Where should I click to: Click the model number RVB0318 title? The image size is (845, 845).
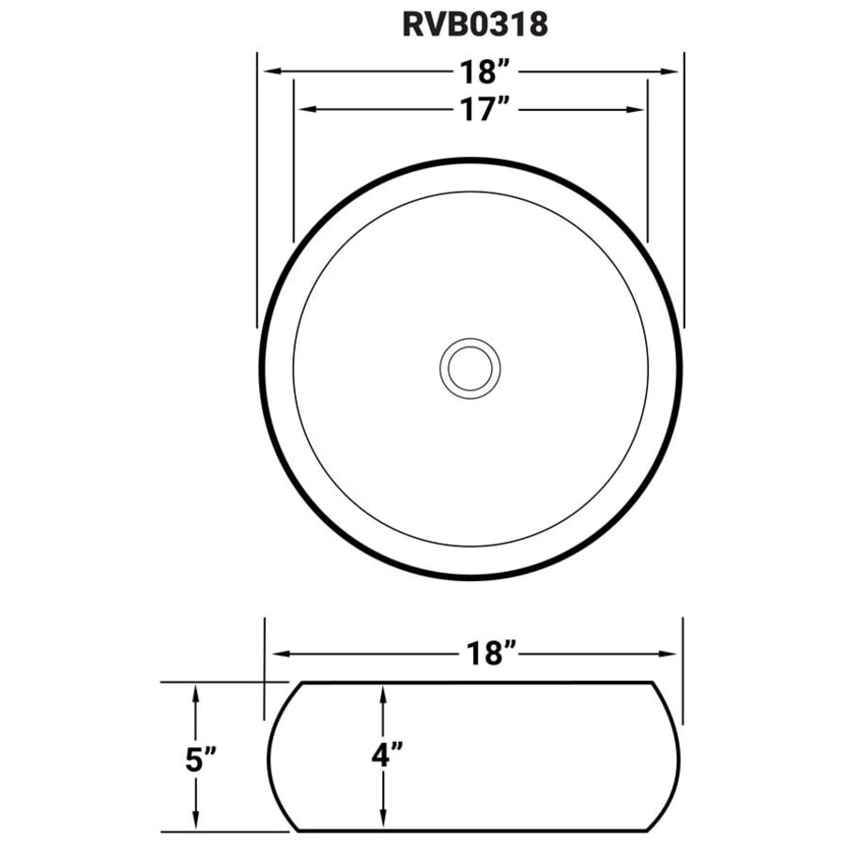point(474,24)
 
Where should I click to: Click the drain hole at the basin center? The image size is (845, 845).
point(470,367)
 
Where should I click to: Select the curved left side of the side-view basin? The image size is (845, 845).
point(270,756)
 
